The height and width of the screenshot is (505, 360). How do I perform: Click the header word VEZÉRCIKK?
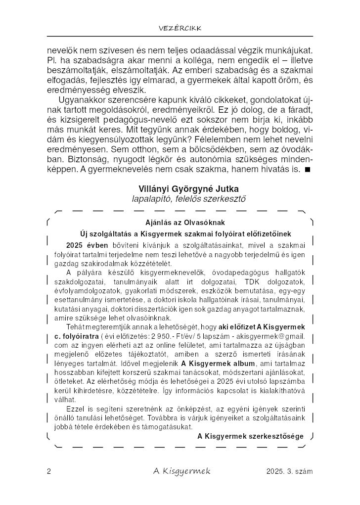[x=180, y=28]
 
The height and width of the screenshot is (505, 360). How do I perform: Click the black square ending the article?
[x=307, y=170]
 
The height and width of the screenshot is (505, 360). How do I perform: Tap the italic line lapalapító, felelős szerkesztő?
[x=182, y=198]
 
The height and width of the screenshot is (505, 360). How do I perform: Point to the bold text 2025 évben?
[x=82, y=244]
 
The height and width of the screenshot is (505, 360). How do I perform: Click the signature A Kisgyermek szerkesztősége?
[x=250, y=436]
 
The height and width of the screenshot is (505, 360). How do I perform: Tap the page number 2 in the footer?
[x=49, y=471]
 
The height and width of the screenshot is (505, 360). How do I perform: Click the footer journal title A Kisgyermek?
[x=181, y=471]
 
